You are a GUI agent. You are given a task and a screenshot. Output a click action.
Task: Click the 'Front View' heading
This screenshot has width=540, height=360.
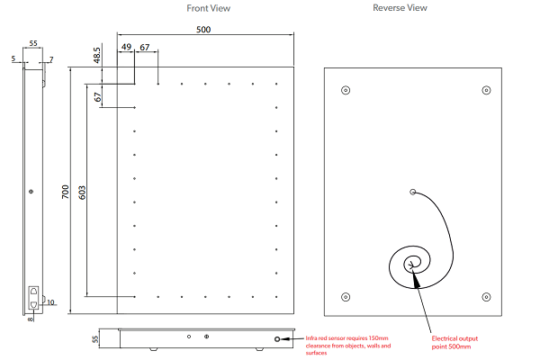pos(208,8)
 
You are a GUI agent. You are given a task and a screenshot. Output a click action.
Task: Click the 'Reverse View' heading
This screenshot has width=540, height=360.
pos(400,8)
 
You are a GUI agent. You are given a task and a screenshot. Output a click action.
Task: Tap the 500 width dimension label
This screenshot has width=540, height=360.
pos(203,31)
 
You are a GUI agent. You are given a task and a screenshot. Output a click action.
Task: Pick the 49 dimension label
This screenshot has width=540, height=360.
pos(126,48)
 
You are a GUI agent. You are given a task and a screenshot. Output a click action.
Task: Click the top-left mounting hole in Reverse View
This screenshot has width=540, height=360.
pos(346,90)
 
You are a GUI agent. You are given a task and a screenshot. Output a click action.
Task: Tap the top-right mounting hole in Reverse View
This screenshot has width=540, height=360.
pos(486,90)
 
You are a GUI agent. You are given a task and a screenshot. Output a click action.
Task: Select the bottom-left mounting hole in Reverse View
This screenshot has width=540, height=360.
pos(346,297)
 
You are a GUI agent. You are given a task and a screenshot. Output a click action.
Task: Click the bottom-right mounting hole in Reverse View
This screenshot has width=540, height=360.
pos(486,297)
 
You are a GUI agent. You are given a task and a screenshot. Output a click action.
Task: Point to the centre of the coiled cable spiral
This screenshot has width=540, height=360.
pos(413,264)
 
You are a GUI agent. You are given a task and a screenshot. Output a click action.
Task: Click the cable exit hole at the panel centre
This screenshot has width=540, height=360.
pos(413,192)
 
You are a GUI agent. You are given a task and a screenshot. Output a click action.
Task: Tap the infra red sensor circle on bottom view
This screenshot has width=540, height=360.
pos(278,340)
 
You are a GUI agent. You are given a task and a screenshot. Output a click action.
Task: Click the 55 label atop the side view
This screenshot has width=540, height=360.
pos(33,43)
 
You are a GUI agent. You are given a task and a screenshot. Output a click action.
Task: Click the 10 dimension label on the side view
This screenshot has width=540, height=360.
pos(50,302)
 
